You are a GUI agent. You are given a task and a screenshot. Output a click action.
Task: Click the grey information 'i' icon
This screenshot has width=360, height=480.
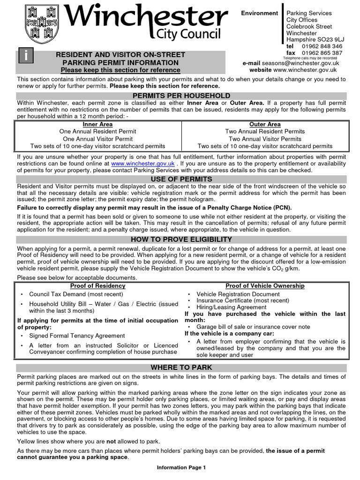pyautogui.click(x=26, y=56)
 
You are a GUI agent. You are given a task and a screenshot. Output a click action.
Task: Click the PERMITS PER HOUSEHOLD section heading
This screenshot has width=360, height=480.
pyautogui.click(x=181, y=96)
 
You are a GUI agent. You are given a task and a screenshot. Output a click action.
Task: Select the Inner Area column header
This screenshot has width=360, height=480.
pyautogui.click(x=97, y=125)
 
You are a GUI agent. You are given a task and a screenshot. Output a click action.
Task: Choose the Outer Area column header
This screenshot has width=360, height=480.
pyautogui.click(x=265, y=125)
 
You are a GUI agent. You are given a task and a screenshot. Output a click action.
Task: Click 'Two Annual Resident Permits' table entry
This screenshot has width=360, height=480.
pyautogui.click(x=265, y=132)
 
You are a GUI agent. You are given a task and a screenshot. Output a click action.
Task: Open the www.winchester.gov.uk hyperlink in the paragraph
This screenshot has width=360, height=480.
pyautogui.click(x=143, y=164)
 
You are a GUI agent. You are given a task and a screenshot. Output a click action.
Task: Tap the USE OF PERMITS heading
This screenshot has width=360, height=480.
pyautogui.click(x=181, y=180)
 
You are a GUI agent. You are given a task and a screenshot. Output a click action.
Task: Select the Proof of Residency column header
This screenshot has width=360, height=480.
pyautogui.click(x=97, y=286)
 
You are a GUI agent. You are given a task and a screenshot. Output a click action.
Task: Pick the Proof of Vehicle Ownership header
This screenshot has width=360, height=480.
pyautogui.click(x=265, y=286)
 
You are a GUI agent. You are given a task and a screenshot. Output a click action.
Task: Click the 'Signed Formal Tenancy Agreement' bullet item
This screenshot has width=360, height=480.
pyautogui.click(x=77, y=336)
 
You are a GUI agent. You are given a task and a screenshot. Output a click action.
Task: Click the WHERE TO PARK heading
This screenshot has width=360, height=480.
pyautogui.click(x=181, y=367)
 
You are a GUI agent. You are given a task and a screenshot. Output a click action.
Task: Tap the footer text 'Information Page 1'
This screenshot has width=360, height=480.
pyautogui.click(x=181, y=467)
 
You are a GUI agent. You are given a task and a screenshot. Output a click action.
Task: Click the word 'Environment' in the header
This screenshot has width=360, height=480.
pyautogui.click(x=259, y=13)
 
